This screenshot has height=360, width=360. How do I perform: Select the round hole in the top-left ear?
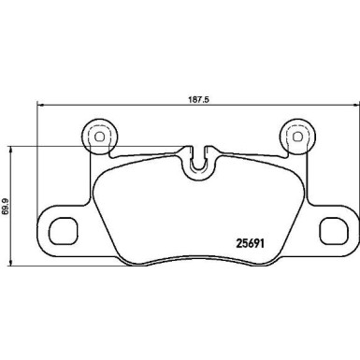(x=96, y=136)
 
